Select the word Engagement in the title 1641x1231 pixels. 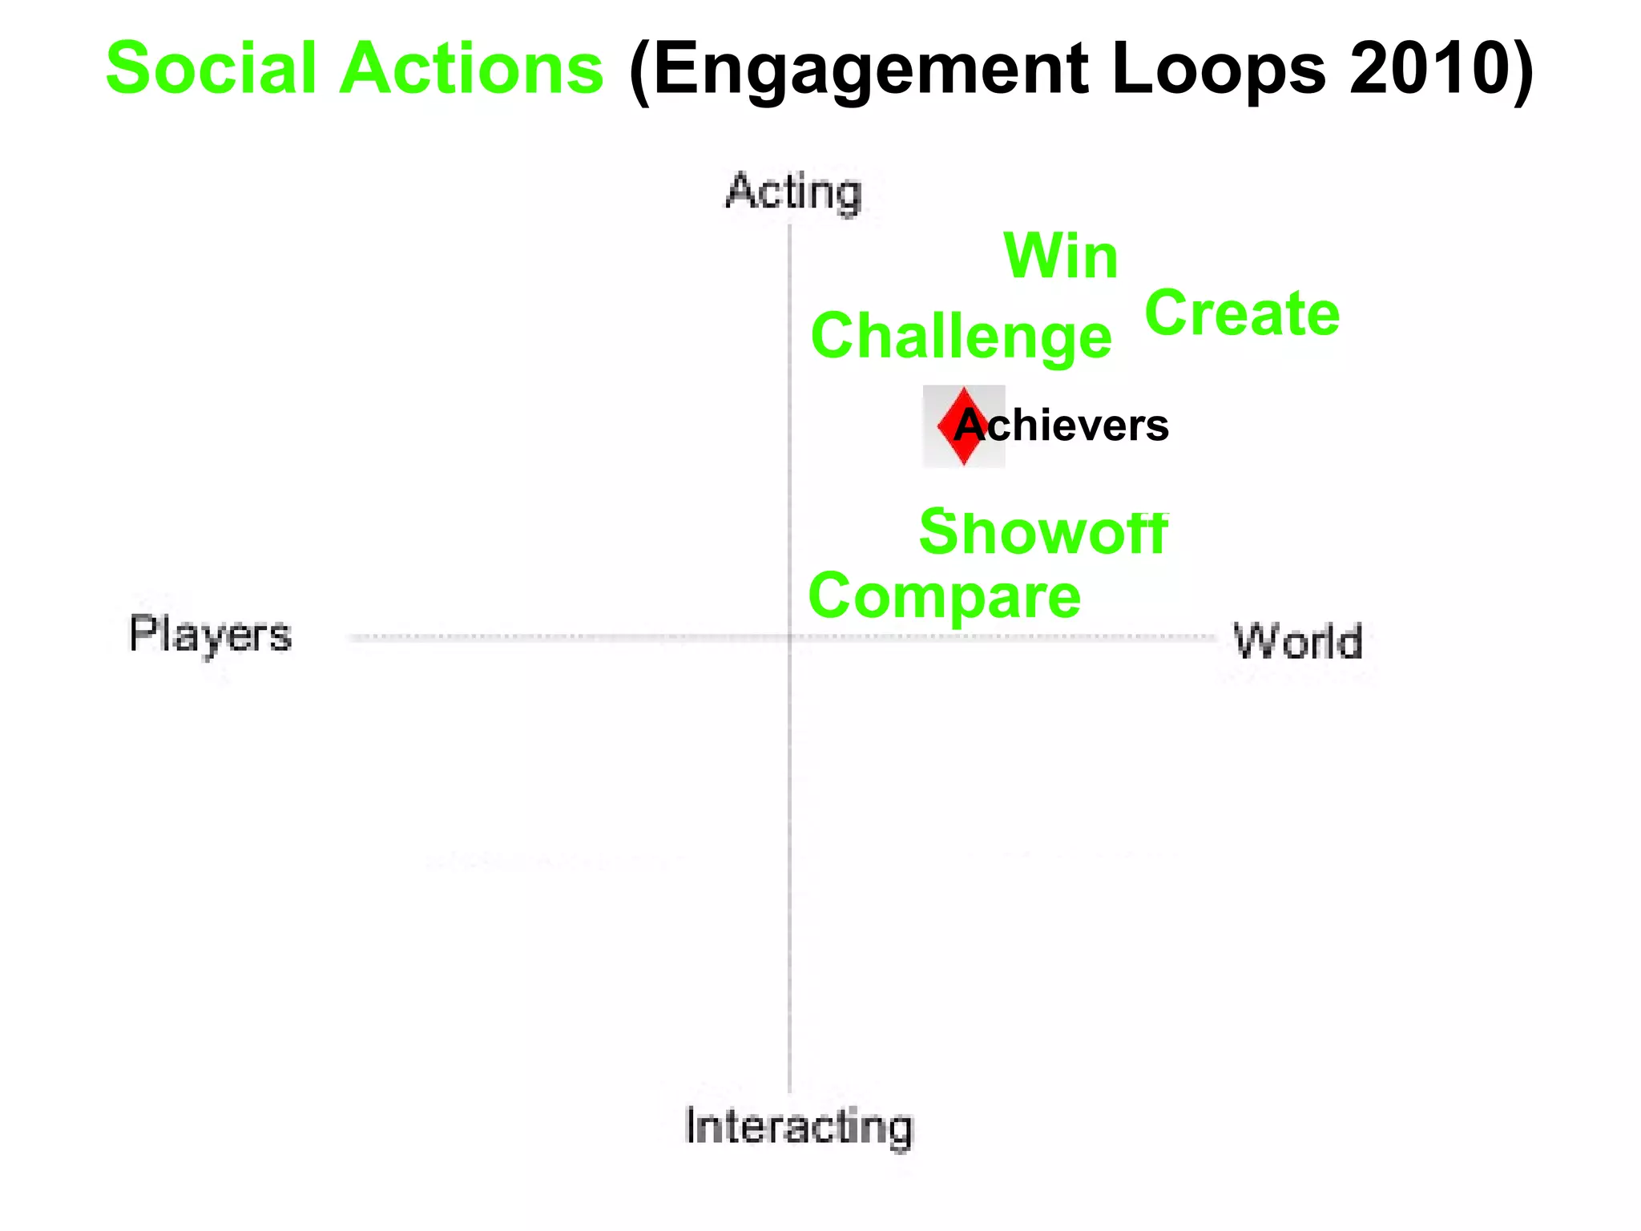[x=870, y=71]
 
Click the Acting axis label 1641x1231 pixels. [x=793, y=193]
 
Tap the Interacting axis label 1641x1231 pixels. [x=799, y=1126]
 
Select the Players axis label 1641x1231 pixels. [x=211, y=635]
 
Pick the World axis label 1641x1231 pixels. [x=1298, y=641]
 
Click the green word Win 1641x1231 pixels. [x=1060, y=256]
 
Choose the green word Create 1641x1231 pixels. [x=1242, y=313]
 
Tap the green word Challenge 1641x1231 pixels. [x=961, y=337]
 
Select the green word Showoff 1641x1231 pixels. [x=1043, y=532]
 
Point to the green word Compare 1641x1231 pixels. [x=945, y=597]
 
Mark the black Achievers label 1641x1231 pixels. [x=1062, y=426]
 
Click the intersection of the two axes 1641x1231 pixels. [x=789, y=638]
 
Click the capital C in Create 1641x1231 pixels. [x=1167, y=313]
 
